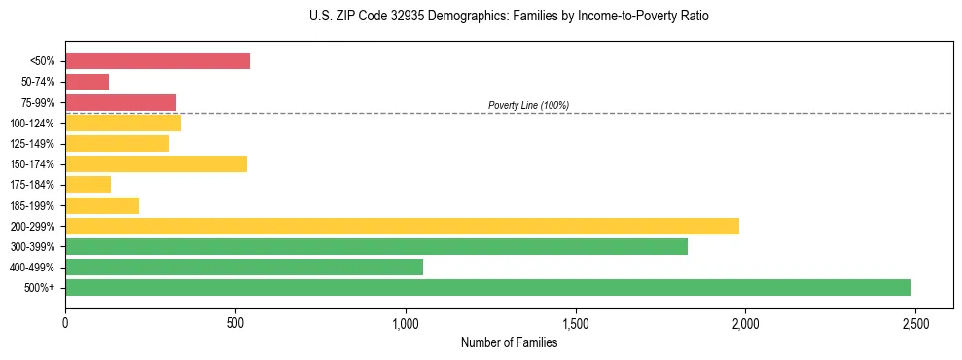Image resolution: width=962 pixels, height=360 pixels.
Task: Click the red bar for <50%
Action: click(x=158, y=61)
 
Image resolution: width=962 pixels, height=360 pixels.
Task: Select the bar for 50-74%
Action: click(x=87, y=82)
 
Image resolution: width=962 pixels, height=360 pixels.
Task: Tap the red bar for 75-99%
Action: click(x=121, y=102)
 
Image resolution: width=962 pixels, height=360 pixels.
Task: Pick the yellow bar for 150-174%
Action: click(x=156, y=163)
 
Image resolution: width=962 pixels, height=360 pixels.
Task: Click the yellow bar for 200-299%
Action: click(x=402, y=226)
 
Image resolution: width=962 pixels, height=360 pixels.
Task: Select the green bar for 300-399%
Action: click(x=376, y=246)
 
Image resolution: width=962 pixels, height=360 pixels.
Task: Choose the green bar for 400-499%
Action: click(x=244, y=267)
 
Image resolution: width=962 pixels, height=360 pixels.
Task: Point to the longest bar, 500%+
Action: click(x=488, y=287)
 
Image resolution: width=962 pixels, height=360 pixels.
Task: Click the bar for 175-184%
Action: click(x=88, y=184)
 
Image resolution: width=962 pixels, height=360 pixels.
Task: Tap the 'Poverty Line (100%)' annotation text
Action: click(x=528, y=105)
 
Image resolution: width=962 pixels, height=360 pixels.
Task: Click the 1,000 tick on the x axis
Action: click(x=406, y=323)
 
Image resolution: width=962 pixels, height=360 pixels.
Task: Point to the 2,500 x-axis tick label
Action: click(x=914, y=323)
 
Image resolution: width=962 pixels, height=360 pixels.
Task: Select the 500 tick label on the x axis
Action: click(x=235, y=323)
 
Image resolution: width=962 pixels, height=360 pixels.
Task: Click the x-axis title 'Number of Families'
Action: click(x=509, y=342)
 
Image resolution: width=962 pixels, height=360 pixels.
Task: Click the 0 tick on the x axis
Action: click(x=65, y=323)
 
